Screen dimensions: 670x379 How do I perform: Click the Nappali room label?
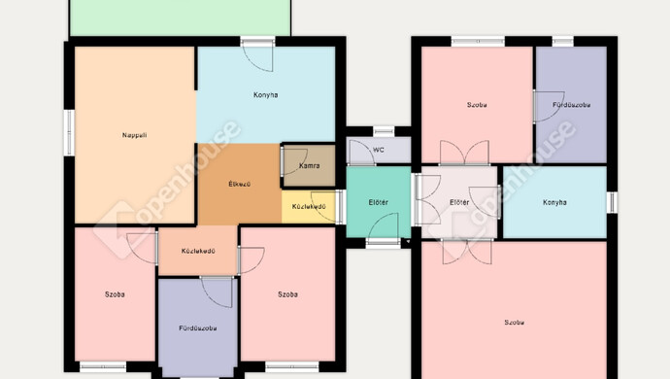[135, 135]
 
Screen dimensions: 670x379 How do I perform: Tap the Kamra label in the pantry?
[310, 165]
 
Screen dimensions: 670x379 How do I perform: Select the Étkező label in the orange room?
[239, 185]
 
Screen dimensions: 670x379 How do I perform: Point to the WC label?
[379, 151]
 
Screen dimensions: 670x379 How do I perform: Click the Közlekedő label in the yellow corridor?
[309, 207]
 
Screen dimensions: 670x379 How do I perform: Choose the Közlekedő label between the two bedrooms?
[198, 251]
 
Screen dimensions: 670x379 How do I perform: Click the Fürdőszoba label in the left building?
[198, 328]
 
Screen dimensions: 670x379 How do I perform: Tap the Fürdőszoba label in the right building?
[572, 105]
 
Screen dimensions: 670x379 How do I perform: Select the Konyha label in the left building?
[266, 95]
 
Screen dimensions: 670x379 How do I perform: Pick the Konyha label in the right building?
[554, 202]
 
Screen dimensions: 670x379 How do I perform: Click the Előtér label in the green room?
[378, 202]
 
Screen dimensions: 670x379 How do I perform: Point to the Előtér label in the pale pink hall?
[459, 202]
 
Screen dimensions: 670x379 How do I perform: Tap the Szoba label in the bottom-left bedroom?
[115, 294]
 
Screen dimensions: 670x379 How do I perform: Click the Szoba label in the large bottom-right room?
[514, 322]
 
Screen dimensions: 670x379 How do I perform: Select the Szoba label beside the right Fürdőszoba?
[477, 105]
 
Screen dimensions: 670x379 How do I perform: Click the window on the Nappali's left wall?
[69, 132]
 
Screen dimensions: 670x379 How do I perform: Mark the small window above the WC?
[384, 131]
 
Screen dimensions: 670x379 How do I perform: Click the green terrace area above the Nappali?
[180, 17]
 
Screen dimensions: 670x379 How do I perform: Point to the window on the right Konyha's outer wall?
[612, 202]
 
